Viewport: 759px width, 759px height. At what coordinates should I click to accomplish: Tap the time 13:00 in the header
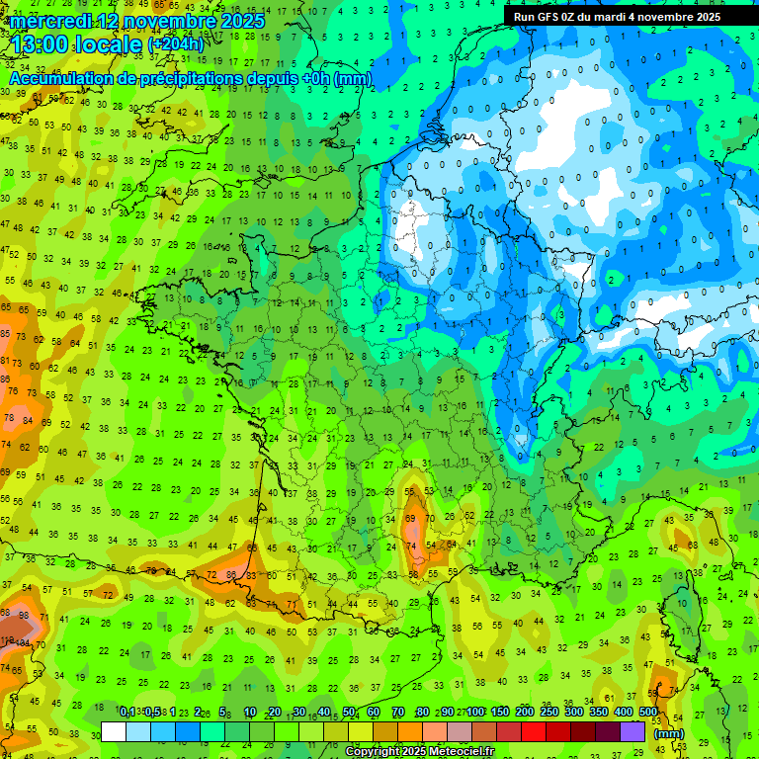(43, 44)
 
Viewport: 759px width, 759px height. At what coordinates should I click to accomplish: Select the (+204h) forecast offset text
(176, 44)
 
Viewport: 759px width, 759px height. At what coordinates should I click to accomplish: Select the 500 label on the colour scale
(648, 713)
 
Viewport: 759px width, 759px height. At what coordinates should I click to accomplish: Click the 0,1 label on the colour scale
(126, 713)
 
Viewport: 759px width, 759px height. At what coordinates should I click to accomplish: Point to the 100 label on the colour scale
(475, 713)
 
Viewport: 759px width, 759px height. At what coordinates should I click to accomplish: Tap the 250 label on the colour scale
(549, 713)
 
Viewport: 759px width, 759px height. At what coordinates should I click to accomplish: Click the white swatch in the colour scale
(114, 731)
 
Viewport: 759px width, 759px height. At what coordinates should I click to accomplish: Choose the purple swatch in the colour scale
(632, 731)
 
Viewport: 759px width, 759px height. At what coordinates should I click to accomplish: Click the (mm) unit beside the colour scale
(670, 733)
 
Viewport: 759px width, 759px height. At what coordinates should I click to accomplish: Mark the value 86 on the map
(231, 574)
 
